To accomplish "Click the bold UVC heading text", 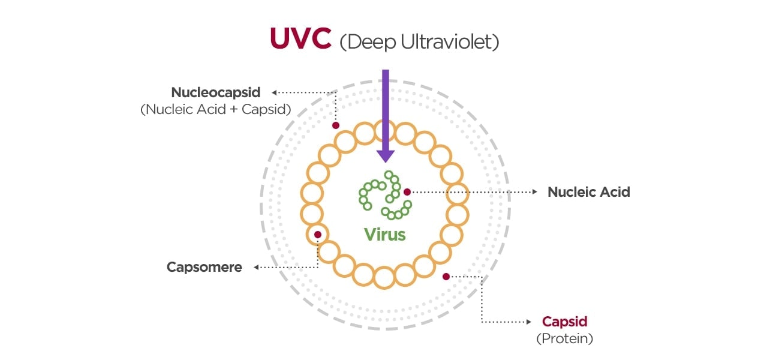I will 300,38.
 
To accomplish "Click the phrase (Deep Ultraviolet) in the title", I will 419,42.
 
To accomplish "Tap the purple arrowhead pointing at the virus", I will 385,155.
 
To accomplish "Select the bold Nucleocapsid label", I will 216,92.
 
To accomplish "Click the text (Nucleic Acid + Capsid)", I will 216,110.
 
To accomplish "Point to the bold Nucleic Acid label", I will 588,192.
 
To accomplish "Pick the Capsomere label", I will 204,267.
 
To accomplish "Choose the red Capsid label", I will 564,321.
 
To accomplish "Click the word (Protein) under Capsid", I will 564,338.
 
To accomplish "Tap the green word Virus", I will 385,234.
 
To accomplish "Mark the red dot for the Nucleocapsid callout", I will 336,125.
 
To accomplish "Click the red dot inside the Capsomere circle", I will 318,234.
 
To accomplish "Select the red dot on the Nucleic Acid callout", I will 407,192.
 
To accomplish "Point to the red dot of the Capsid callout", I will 446,276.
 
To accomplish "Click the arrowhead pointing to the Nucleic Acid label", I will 535,192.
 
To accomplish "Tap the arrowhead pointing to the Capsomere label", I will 257,268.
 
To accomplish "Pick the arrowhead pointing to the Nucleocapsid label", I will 275,92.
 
